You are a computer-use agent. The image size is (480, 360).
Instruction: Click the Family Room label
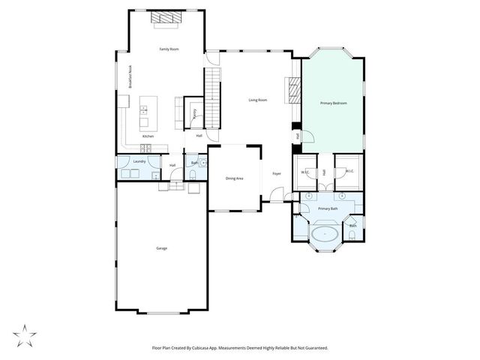pyautogui.click(x=169, y=49)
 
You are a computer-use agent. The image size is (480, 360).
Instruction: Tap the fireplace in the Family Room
pyautogui.click(x=165, y=19)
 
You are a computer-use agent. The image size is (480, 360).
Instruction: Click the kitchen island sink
pyautogui.click(x=143, y=110)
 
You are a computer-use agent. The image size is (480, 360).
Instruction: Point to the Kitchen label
pyautogui.click(x=148, y=136)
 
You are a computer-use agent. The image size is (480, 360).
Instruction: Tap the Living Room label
pyautogui.click(x=258, y=100)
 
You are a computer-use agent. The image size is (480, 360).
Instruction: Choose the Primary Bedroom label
pyautogui.click(x=333, y=103)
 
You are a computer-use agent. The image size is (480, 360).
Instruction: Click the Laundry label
pyautogui.click(x=139, y=161)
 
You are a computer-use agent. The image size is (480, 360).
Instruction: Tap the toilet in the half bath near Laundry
pyautogui.click(x=193, y=174)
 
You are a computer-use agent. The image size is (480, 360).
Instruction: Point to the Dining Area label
pyautogui.click(x=235, y=178)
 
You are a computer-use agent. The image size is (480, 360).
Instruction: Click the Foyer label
pyautogui.click(x=276, y=174)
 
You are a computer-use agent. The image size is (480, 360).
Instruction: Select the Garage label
pyautogui.click(x=161, y=247)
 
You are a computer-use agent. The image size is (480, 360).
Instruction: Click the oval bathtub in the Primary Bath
pyautogui.click(x=325, y=234)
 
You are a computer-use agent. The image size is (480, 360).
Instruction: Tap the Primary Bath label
pyautogui.click(x=328, y=208)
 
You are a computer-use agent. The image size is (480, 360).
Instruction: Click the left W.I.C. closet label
pyautogui.click(x=306, y=172)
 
